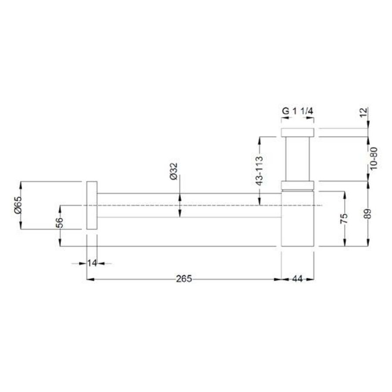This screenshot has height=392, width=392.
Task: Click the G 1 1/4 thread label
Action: [297, 112]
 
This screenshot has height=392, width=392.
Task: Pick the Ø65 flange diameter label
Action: [17, 205]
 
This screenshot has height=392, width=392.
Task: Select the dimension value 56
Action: [60, 222]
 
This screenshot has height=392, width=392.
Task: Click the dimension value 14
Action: [91, 263]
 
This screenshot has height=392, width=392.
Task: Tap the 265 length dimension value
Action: [184, 279]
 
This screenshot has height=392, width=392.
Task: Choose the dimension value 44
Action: [297, 279]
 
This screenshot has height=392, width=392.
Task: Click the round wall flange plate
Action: [91, 205]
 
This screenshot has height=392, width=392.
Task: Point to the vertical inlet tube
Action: [297, 159]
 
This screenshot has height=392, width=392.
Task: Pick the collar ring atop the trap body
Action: [297, 186]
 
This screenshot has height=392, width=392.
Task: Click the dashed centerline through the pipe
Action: [74, 205]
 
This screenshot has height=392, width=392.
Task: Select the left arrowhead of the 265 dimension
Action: [90, 279]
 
